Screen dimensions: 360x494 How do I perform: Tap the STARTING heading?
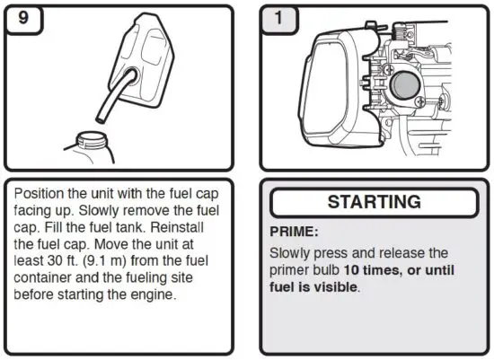[x=374, y=202]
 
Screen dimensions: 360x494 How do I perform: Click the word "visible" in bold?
[x=333, y=287]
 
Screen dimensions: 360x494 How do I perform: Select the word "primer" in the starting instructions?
[x=294, y=270]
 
